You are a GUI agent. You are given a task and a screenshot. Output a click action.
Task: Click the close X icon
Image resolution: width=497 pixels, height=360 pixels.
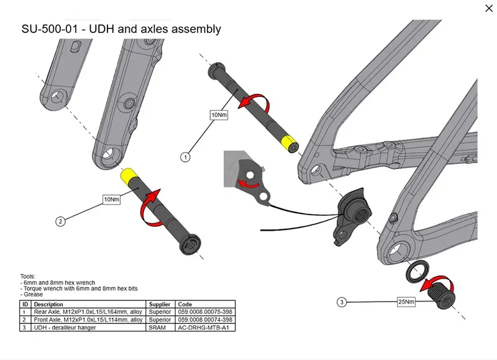pyautogui.click(x=489, y=8)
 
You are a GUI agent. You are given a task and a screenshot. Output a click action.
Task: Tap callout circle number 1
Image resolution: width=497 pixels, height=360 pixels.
pyautogui.click(x=185, y=157)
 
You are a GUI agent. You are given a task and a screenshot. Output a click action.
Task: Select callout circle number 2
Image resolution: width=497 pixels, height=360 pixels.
pyautogui.click(x=60, y=221)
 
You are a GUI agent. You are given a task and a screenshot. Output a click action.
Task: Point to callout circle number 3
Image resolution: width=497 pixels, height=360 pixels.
pyautogui.click(x=342, y=302)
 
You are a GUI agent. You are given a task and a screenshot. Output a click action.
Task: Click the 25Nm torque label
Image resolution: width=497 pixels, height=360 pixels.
pyautogui.click(x=406, y=302)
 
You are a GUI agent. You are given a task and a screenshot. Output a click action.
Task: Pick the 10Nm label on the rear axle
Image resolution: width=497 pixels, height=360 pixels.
pyautogui.click(x=219, y=115)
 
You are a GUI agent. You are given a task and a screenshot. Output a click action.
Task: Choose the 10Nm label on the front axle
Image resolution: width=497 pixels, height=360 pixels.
pyautogui.click(x=112, y=200)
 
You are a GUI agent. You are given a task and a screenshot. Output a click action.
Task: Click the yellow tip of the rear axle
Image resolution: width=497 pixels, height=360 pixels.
pyautogui.click(x=290, y=144)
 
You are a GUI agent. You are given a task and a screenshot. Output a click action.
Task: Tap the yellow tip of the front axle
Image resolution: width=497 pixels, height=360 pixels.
pyautogui.click(x=128, y=176)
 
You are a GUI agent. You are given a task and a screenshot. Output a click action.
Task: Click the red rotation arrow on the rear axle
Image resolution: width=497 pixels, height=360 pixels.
pyautogui.click(x=257, y=101)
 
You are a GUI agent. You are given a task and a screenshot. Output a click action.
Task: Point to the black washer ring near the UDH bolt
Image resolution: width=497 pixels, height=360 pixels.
pyautogui.click(x=417, y=272)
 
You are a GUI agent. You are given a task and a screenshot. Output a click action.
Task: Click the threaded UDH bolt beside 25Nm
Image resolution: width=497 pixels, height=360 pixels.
pyautogui.click(x=442, y=295)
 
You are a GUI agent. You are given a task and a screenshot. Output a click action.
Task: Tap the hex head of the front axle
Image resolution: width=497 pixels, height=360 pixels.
pyautogui.click(x=190, y=244)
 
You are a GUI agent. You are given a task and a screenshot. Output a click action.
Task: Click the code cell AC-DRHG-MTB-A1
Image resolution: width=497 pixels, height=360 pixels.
pyautogui.click(x=204, y=328)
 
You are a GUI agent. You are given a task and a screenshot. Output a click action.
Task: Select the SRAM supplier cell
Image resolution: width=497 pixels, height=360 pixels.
pyautogui.click(x=157, y=328)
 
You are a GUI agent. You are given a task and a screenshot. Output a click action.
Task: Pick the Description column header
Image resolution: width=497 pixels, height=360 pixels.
pyautogui.click(x=48, y=304)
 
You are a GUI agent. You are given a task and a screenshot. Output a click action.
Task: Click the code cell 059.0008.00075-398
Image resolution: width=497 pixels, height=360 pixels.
pyautogui.click(x=205, y=312)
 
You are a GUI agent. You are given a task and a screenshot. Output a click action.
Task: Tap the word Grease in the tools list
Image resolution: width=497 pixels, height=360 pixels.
pyautogui.click(x=34, y=294)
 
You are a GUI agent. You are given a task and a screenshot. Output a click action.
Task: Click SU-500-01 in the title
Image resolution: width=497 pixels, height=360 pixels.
pyautogui.click(x=50, y=29)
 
